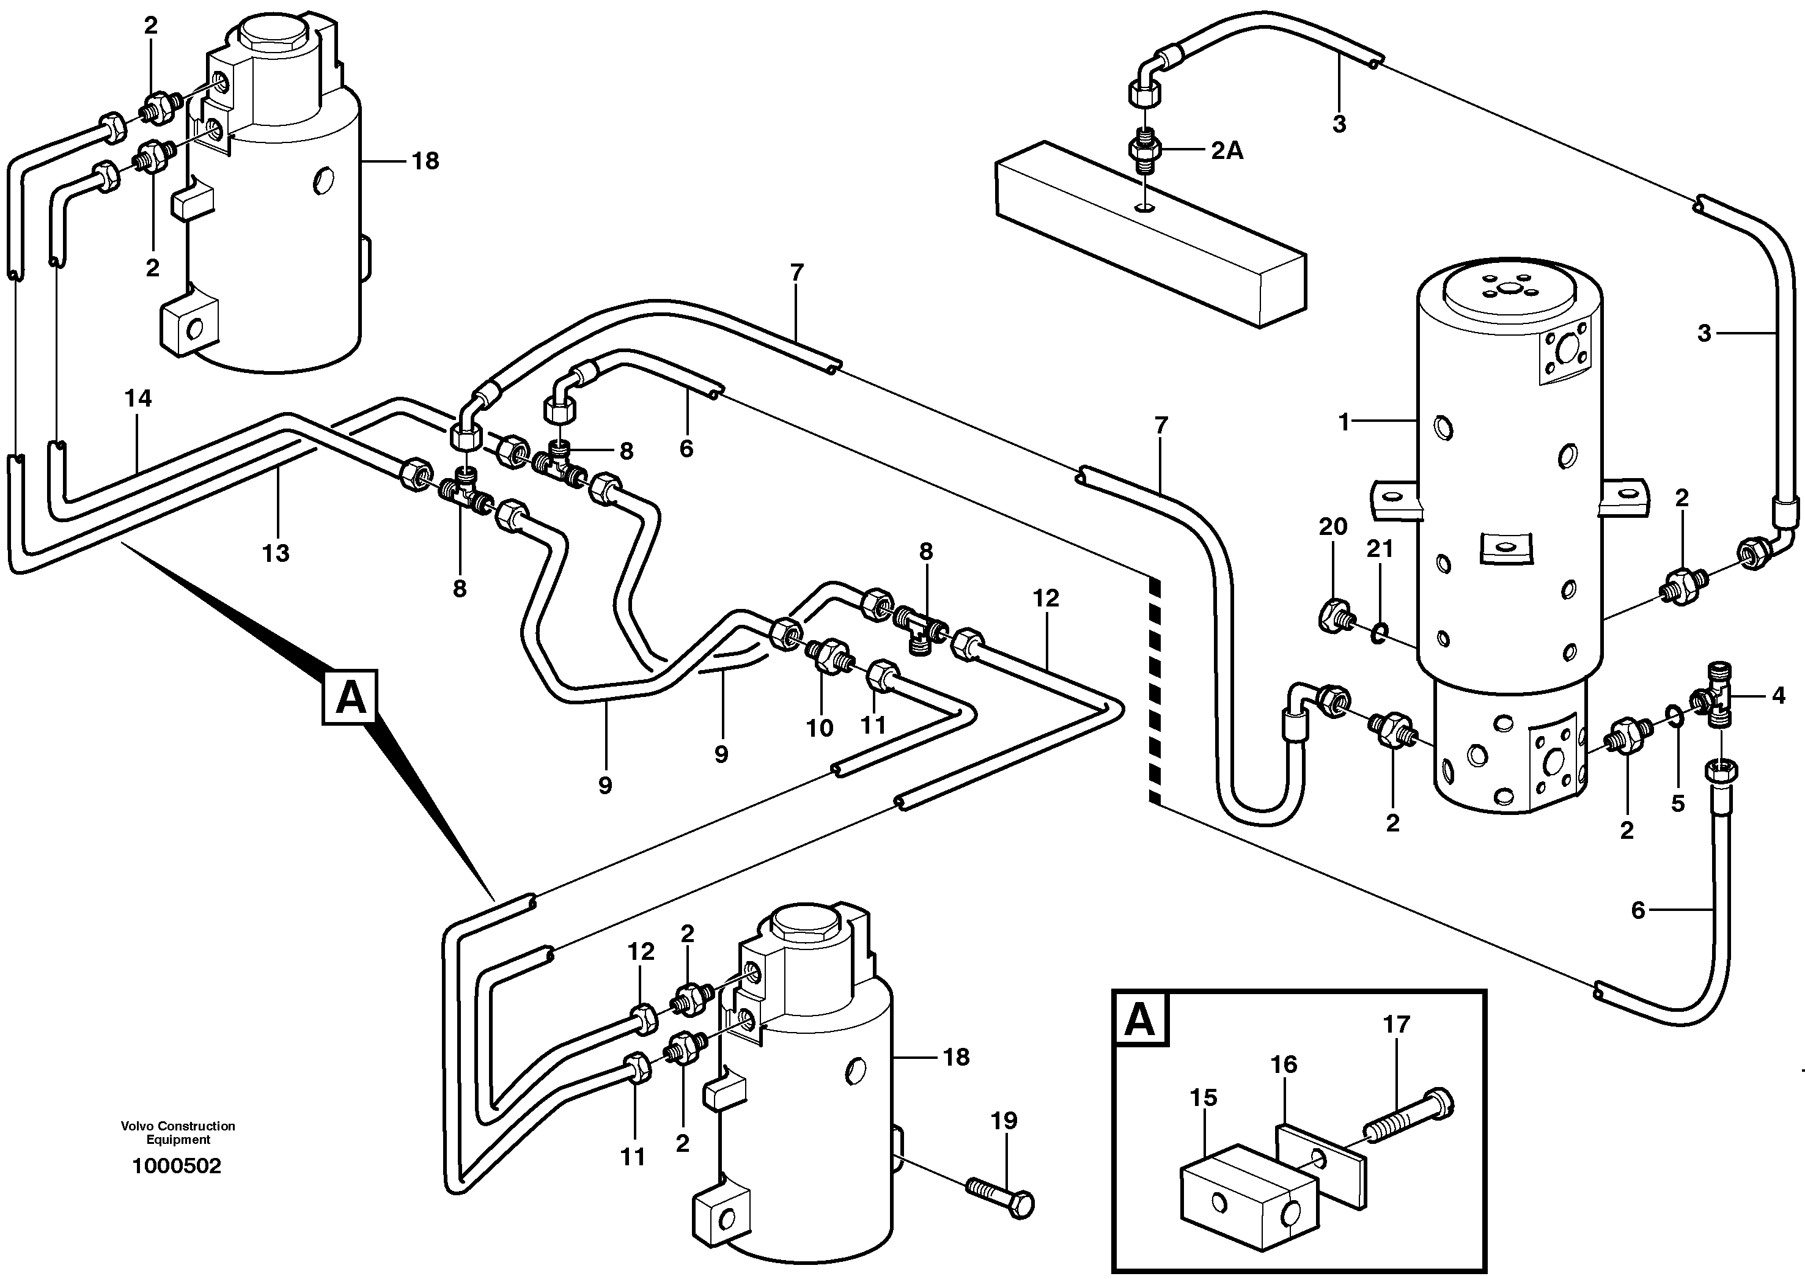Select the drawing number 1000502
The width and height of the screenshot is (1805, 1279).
pyautogui.click(x=177, y=1167)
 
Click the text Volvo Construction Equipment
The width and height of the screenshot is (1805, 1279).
pyautogui.click(x=178, y=1132)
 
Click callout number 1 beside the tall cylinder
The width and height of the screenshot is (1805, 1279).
pyautogui.click(x=1345, y=423)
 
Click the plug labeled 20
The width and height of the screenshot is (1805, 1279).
pyautogui.click(x=1335, y=614)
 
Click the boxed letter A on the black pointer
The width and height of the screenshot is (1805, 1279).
pyautogui.click(x=350, y=697)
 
